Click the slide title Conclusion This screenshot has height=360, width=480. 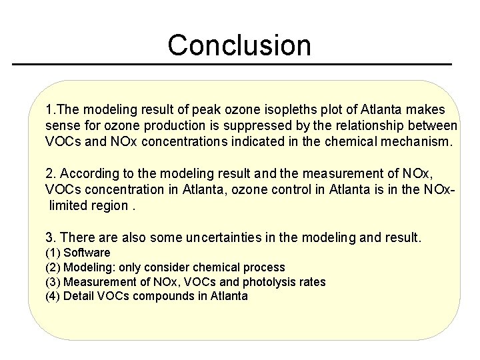(239, 45)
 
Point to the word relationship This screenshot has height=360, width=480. (378, 125)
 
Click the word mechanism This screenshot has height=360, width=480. (421, 141)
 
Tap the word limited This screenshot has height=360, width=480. (70, 205)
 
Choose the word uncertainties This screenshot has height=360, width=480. (220, 237)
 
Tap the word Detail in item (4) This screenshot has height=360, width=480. (78, 297)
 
